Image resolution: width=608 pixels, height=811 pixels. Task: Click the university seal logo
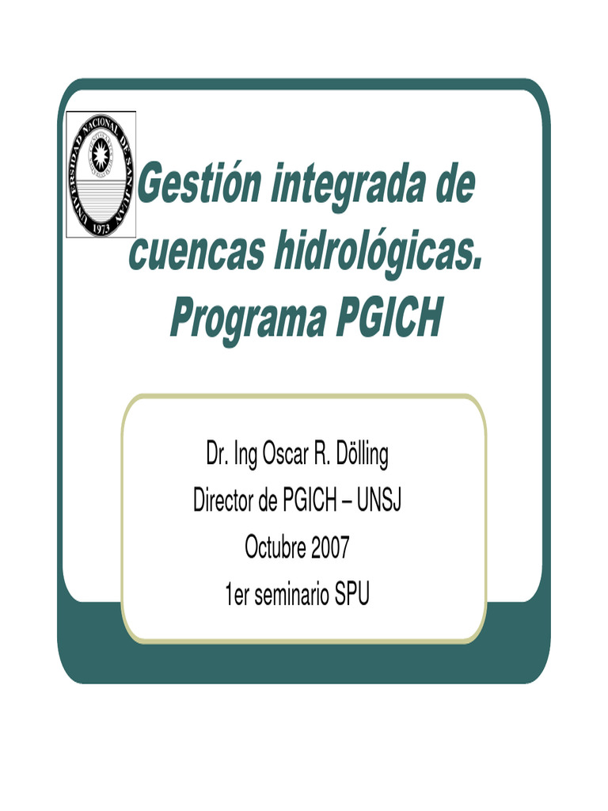tap(101, 174)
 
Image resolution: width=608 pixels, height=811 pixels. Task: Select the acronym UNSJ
tap(378, 501)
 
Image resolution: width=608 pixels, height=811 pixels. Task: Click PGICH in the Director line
tap(310, 501)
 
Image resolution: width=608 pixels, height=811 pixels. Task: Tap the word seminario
tap(293, 595)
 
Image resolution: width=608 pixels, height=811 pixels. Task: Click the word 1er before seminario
tap(237, 595)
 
